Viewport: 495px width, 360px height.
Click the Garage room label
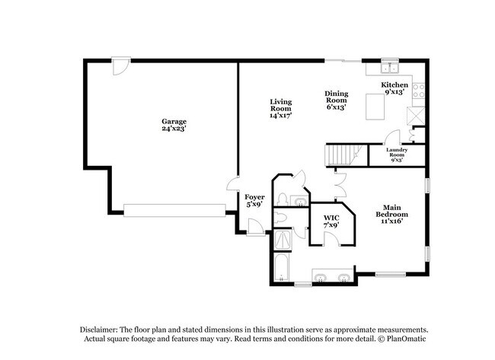click(174, 125)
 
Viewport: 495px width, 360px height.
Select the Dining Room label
click(336, 100)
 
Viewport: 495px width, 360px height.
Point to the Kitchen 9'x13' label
click(396, 88)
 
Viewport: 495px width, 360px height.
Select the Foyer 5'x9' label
click(254, 201)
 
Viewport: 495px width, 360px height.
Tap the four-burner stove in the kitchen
click(419, 91)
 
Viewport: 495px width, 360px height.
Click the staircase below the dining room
click(342, 156)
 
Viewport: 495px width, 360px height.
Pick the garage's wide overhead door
click(174, 209)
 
